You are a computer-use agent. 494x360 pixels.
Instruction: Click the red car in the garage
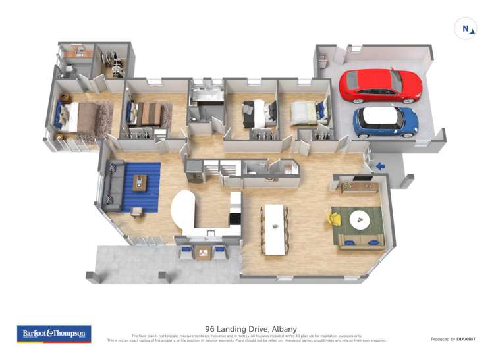coord(380,85)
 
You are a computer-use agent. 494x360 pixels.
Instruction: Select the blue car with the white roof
coord(385,121)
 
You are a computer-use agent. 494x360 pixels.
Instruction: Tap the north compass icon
coord(466,29)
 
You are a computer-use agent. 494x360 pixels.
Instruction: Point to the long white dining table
coord(275,229)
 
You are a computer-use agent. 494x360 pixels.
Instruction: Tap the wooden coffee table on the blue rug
coord(140,182)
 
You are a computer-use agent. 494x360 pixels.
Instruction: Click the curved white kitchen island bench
coord(183,211)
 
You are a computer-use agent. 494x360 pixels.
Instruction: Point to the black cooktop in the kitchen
coord(234,219)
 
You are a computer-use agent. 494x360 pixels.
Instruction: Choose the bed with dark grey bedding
coord(256,114)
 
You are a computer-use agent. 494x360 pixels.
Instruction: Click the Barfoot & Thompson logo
coord(54,334)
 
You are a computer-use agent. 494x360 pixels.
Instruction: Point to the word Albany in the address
coord(284,329)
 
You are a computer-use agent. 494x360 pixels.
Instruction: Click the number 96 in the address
coord(210,329)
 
